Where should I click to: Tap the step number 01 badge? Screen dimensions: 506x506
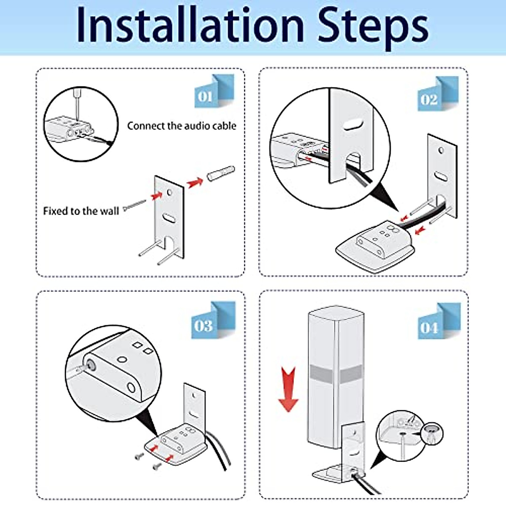point(214,91)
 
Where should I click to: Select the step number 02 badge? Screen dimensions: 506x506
point(438,94)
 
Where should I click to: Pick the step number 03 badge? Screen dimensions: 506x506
point(213,320)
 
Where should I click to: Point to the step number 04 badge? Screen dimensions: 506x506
point(439,321)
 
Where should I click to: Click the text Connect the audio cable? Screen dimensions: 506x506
point(182,126)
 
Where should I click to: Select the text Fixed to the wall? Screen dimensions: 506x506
point(81,211)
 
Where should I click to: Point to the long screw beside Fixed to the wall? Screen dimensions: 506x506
point(135,205)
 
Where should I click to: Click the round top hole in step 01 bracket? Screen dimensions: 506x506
point(170,192)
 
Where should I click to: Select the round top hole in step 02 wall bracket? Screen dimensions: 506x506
point(441,151)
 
